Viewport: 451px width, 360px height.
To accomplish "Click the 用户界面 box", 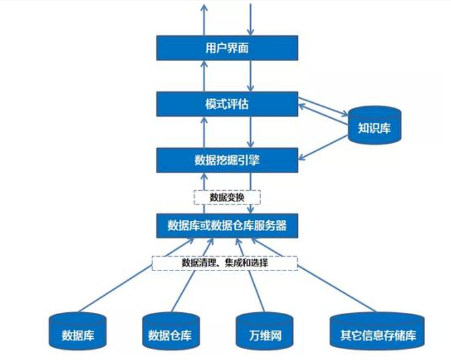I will [227, 48].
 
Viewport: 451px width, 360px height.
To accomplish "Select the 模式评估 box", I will [227, 104].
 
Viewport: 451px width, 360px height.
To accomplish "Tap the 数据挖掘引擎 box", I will [227, 160].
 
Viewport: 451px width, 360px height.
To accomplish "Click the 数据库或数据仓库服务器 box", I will [227, 225].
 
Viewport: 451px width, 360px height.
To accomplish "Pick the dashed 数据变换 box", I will [227, 197].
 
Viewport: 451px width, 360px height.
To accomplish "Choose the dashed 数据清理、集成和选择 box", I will [225, 263].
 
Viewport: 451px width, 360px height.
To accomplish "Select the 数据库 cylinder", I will [77, 332].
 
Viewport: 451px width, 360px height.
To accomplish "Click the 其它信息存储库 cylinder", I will [377, 332].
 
